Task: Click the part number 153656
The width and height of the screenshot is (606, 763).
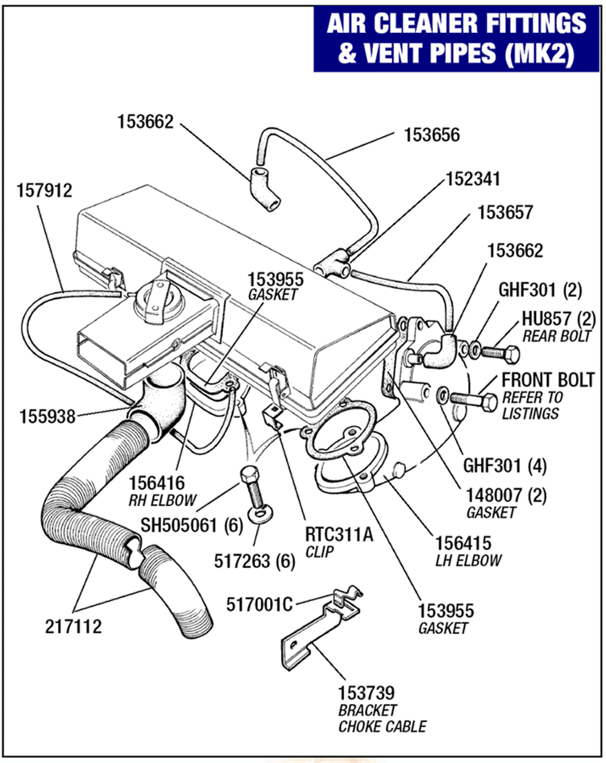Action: click(432, 135)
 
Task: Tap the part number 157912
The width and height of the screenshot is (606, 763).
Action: click(44, 191)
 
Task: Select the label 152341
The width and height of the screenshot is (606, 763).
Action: click(473, 179)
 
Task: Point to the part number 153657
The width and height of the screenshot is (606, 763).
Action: click(505, 213)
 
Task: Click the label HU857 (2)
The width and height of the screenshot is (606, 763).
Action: click(558, 319)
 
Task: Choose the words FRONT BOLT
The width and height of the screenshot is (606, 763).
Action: click(548, 380)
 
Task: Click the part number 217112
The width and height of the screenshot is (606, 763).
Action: click(73, 627)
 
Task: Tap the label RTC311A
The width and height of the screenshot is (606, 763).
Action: click(339, 535)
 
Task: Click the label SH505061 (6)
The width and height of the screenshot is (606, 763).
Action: click(192, 525)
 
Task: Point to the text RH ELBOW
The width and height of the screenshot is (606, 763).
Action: click(163, 501)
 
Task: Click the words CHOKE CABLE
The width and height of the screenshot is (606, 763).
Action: click(382, 727)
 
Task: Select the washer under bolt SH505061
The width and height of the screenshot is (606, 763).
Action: click(260, 514)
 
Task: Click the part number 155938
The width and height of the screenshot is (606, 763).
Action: click(47, 417)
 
